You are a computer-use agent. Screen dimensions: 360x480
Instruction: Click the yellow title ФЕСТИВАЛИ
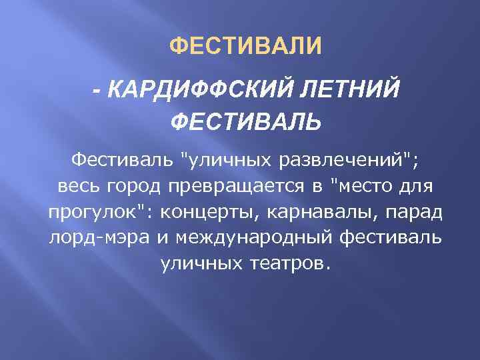(x=245, y=47)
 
